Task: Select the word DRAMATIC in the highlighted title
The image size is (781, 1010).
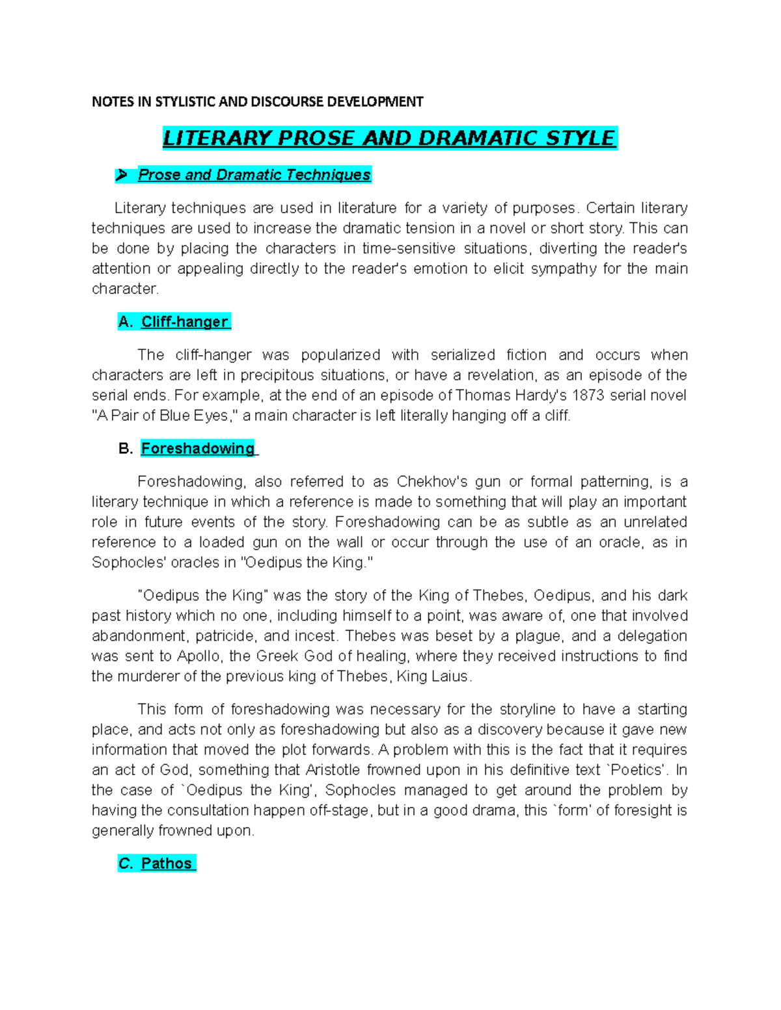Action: click(x=479, y=139)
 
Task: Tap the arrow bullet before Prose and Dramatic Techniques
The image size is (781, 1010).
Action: click(x=121, y=175)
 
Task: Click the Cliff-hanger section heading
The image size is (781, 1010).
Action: click(x=184, y=322)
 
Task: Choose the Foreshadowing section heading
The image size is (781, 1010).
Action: click(x=198, y=449)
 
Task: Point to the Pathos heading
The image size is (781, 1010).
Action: click(x=167, y=864)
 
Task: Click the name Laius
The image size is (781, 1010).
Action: click(x=450, y=676)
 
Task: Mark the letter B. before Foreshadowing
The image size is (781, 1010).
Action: click(x=126, y=449)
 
